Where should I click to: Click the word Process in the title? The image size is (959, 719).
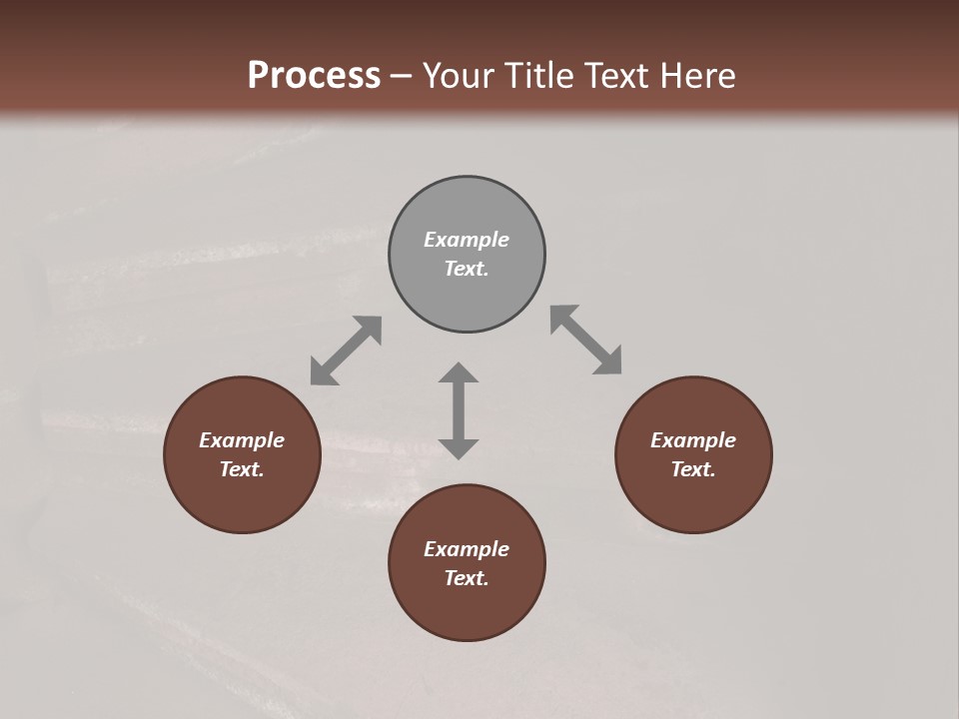click(314, 76)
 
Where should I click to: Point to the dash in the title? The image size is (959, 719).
click(402, 77)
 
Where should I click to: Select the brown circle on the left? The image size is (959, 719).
click(242, 498)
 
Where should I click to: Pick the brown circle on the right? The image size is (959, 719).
click(693, 498)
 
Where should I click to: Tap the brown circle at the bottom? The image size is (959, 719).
click(467, 609)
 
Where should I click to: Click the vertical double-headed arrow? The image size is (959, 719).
click(459, 410)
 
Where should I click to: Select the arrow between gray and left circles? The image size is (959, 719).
click(346, 351)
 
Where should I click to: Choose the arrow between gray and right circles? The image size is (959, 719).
click(586, 340)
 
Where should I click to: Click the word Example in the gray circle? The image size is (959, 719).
click(467, 240)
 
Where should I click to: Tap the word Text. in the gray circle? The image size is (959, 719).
click(467, 269)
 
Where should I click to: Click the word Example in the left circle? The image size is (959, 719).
click(242, 440)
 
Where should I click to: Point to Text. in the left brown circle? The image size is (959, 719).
click(242, 469)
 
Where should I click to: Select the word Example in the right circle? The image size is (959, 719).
click(693, 440)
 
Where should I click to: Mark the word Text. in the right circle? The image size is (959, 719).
click(693, 469)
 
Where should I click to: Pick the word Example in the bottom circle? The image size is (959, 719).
click(467, 549)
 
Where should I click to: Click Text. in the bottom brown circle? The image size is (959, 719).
click(467, 578)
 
